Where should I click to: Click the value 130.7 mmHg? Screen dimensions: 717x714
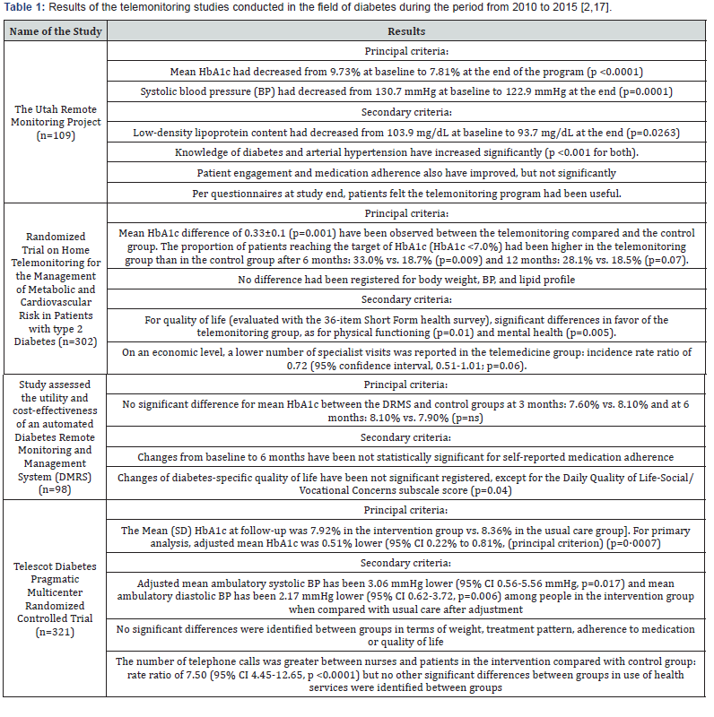[345, 91]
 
